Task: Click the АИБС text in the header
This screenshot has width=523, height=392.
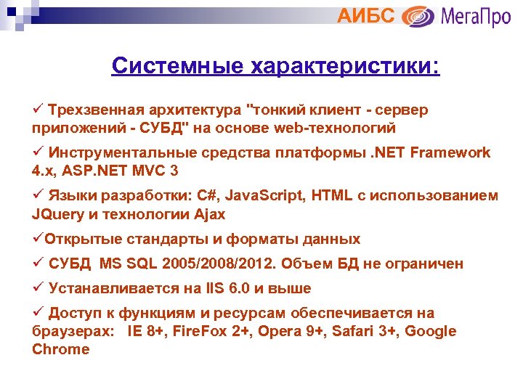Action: point(366,16)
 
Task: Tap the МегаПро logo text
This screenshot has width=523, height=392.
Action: point(475,16)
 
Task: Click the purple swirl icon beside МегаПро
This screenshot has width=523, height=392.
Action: point(418,16)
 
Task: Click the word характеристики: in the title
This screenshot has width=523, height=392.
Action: point(346,68)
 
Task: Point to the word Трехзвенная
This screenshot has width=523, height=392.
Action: point(97,110)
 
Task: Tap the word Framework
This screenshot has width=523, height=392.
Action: point(451,152)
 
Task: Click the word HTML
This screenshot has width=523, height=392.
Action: point(327,195)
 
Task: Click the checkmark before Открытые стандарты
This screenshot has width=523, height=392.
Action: point(37,239)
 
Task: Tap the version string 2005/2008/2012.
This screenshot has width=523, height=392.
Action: point(216,264)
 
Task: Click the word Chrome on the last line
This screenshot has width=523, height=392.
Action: point(61,349)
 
